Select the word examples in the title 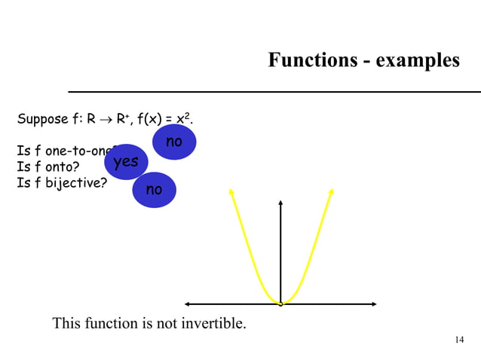click(x=414, y=60)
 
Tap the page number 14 click(x=459, y=340)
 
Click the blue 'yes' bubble click(x=126, y=162)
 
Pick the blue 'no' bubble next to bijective click(x=154, y=190)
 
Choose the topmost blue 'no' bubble click(x=174, y=142)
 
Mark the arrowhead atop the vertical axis click(x=280, y=202)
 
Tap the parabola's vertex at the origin click(x=280, y=304)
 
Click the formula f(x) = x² click(x=167, y=119)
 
